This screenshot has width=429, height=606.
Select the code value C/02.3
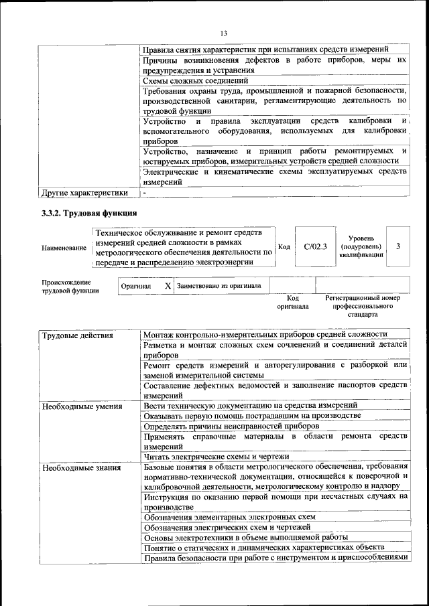(314, 246)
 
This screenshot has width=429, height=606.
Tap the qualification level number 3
(398, 246)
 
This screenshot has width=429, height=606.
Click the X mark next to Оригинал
(168, 285)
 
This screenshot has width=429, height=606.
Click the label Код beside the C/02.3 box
(284, 246)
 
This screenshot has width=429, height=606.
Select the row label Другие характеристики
(84, 194)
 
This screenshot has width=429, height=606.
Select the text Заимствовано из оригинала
(219, 285)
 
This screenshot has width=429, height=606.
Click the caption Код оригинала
(292, 302)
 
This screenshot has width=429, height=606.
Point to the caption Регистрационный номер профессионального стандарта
(362, 305)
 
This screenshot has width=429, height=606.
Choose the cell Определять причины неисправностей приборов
(231, 426)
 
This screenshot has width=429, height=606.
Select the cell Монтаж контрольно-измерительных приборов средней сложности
(265, 334)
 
